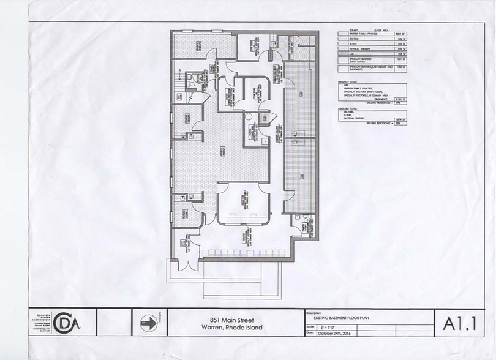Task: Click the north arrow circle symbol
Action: click(x=148, y=322)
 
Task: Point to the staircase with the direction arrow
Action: click(x=179, y=94)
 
